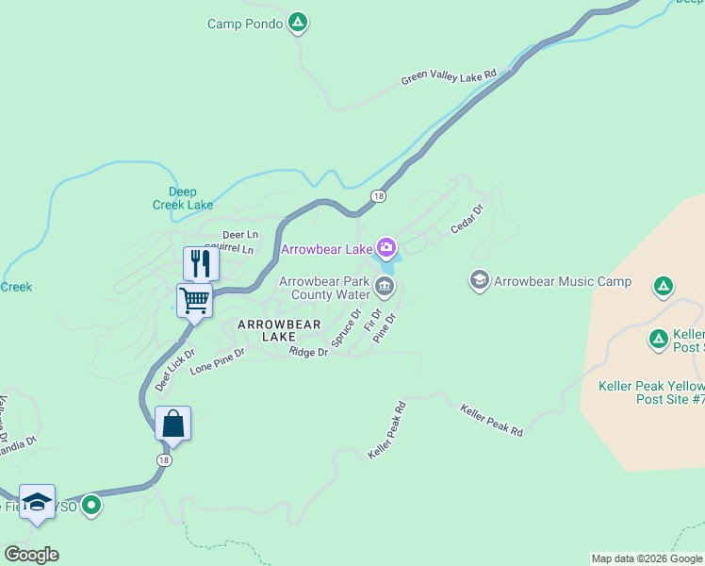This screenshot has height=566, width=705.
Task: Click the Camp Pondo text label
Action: (244, 24)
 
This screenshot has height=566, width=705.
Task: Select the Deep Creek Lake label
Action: (183, 198)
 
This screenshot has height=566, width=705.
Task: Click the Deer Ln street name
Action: (240, 234)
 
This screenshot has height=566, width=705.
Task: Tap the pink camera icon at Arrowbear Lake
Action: (385, 249)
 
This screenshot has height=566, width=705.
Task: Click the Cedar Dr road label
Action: (467, 219)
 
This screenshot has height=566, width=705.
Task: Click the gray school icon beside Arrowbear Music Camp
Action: (480, 280)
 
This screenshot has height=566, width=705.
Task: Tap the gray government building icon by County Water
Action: (384, 287)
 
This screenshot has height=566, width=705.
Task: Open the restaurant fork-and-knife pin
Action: (200, 263)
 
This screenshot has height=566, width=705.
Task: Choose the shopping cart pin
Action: (194, 301)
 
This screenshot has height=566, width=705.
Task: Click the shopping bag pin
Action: (173, 424)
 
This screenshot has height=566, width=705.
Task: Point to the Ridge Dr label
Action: (309, 352)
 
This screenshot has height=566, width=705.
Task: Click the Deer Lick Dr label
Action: (174, 370)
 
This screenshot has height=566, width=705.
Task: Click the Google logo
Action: (31, 555)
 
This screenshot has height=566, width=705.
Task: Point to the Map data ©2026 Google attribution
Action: (647, 558)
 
